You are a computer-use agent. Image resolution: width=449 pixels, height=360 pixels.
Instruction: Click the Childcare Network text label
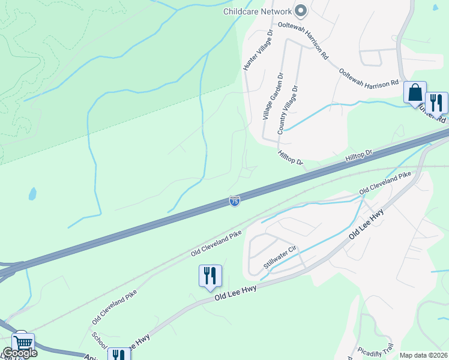[257, 11]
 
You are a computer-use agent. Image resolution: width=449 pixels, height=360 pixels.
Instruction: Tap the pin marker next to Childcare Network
[301, 11]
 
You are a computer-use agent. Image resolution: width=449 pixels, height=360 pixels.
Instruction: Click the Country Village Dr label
[287, 110]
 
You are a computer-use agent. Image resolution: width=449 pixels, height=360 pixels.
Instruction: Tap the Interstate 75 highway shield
[235, 202]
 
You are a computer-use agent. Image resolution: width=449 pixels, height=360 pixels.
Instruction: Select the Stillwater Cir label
[280, 257]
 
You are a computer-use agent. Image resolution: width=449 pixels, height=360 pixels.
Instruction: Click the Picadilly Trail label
[375, 348]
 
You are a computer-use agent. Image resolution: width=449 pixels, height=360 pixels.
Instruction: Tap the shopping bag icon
[415, 92]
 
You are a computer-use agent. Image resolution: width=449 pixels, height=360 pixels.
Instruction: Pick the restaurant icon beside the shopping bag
[436, 102]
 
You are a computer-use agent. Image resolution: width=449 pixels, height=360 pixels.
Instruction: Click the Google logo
[19, 353]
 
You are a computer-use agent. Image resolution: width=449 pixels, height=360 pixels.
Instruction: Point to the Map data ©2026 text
[424, 355]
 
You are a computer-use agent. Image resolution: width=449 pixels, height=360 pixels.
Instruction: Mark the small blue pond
[32, 194]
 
